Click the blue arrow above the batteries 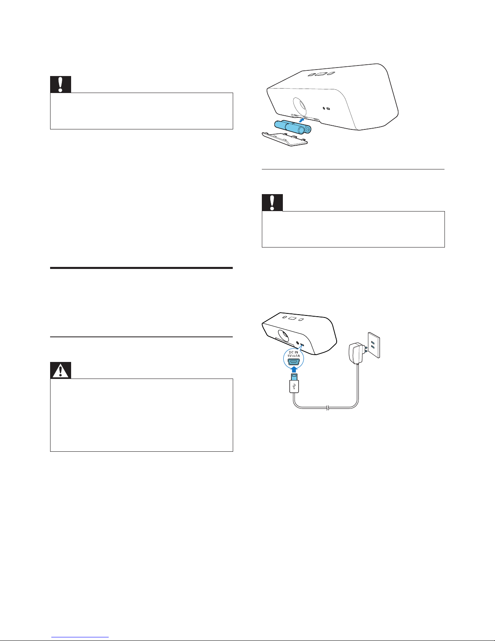pyautogui.click(x=301, y=120)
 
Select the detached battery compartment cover pyautogui.click(x=284, y=139)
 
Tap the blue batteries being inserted pyautogui.click(x=293, y=127)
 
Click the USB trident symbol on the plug pyautogui.click(x=294, y=386)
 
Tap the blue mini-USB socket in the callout pyautogui.click(x=293, y=362)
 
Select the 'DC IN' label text pyautogui.click(x=293, y=352)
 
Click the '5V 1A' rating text pyautogui.click(x=293, y=356)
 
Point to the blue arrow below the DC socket pyautogui.click(x=294, y=369)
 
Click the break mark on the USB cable pyautogui.click(x=328, y=408)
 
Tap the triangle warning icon pyautogui.click(x=60, y=370)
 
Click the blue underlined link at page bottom pyautogui.click(x=80, y=637)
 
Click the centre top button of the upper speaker pyautogui.click(x=321, y=74)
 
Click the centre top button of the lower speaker pyautogui.click(x=292, y=318)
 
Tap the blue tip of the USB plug pyautogui.click(x=294, y=377)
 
